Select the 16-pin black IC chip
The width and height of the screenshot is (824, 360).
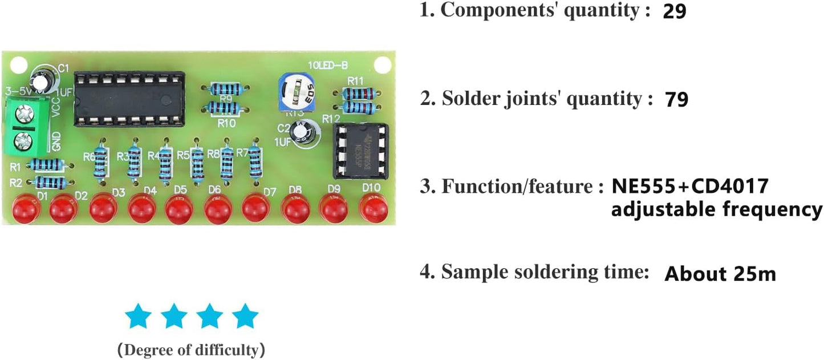pos(129,98)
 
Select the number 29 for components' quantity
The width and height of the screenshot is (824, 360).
pos(675,12)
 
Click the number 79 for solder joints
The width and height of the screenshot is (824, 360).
pos(677,100)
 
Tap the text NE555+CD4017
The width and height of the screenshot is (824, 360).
pos(691,187)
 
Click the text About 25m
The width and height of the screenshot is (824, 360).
pos(720,274)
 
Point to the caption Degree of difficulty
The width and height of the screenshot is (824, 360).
pos(190,350)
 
